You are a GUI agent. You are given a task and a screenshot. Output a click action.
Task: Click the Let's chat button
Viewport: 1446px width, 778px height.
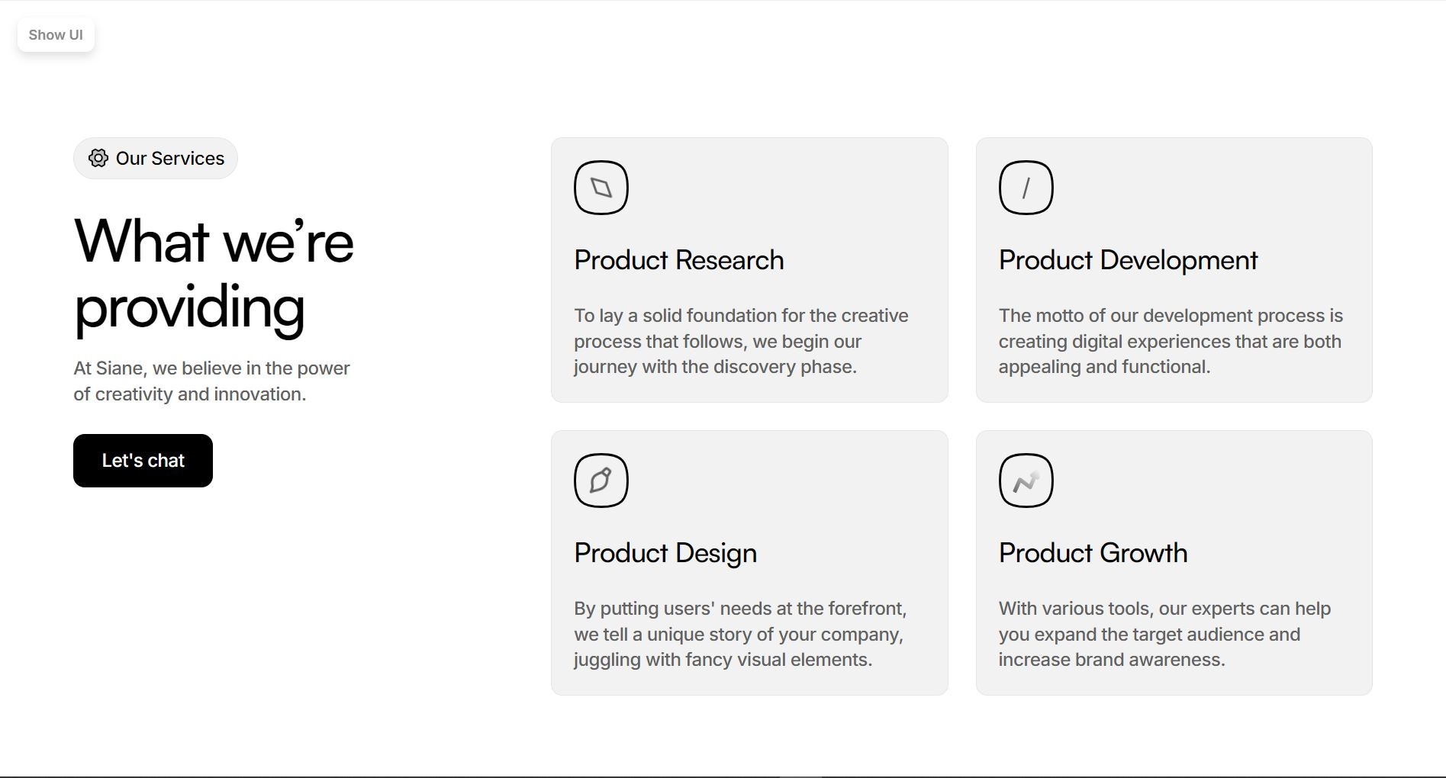143,461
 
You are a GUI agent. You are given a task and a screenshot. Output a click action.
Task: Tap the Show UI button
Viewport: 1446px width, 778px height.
56,35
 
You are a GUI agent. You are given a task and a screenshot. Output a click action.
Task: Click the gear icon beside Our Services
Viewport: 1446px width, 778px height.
98,158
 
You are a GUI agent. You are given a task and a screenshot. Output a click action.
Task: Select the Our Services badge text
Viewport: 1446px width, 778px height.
170,159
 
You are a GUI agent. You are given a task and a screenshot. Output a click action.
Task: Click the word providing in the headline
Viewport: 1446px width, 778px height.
189,307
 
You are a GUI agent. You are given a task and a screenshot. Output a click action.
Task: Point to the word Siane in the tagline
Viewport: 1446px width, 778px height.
120,368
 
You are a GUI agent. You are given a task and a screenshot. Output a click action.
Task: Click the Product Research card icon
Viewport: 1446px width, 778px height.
601,188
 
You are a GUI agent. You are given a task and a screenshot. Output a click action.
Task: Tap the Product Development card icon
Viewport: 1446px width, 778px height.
1026,188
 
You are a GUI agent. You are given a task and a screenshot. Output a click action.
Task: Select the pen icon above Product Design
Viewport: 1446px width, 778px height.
601,481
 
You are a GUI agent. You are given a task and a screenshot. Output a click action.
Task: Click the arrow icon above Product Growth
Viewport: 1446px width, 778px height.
1026,481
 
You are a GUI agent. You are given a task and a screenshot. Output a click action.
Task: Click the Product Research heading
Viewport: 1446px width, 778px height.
678,260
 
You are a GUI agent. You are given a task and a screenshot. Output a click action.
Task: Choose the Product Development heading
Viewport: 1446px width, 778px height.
1128,260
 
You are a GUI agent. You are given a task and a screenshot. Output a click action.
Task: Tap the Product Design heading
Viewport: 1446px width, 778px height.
665,553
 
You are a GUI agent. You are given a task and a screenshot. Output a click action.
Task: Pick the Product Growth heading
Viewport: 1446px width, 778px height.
1093,553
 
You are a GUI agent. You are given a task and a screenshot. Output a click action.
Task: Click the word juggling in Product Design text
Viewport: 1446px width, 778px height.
607,660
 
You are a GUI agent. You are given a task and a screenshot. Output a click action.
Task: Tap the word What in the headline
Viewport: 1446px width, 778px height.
141,242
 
